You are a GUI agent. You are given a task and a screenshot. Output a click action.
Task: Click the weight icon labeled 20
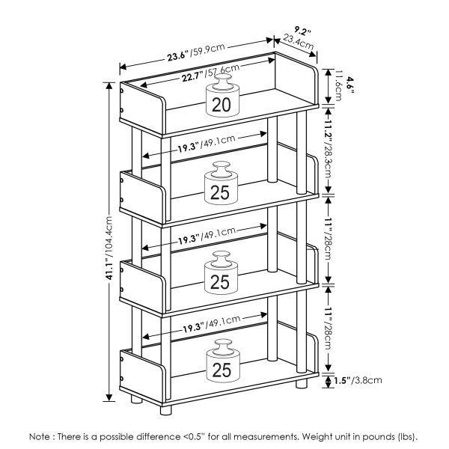pyautogui.click(x=222, y=98)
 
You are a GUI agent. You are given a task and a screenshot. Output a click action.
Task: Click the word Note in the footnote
pyautogui.click(x=41, y=436)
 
